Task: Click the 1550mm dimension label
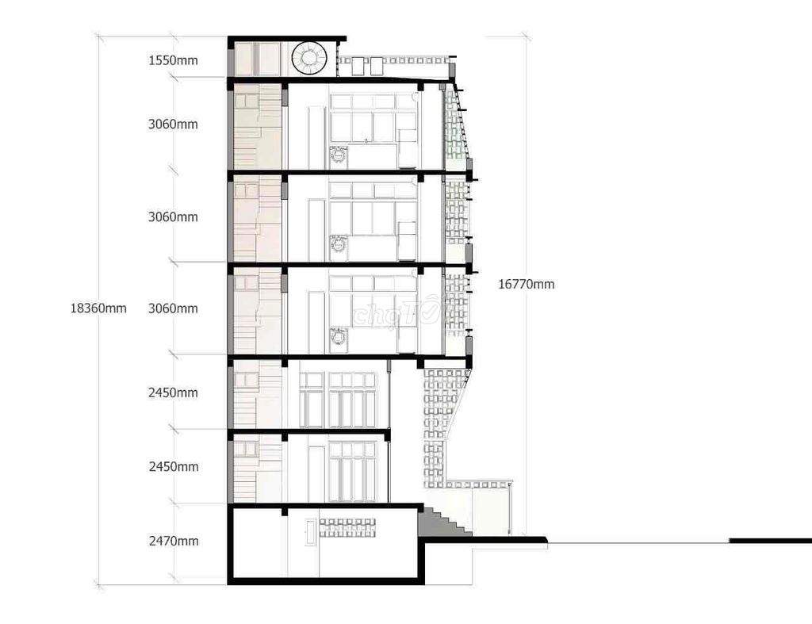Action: [173, 60]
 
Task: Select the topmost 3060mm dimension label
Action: [173, 124]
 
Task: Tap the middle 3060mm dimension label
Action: [173, 216]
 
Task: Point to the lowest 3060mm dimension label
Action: [173, 308]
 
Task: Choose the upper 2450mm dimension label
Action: [173, 392]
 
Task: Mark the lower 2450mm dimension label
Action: [173, 467]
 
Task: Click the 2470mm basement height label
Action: [173, 542]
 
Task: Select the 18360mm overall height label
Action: [98, 308]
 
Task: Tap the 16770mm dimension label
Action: [527, 284]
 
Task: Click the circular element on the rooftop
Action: [309, 58]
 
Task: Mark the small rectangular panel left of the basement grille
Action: [309, 531]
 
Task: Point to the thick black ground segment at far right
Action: [770, 541]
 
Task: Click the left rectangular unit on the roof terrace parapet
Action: [354, 67]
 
